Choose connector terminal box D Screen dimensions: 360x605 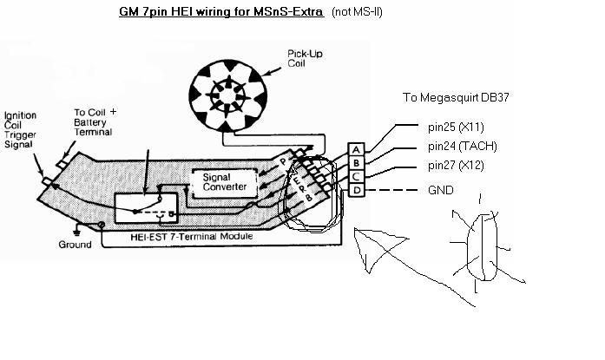356,189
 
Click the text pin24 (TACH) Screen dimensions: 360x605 463,146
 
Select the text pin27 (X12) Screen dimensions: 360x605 457,165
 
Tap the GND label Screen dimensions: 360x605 441,190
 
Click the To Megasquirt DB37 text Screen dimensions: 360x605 456,97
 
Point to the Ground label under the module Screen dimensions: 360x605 75,245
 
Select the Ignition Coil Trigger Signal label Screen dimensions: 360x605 19,130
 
